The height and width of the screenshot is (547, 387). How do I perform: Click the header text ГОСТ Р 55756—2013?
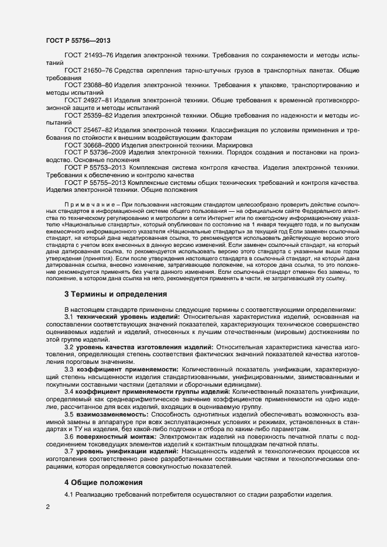tap(78, 41)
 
